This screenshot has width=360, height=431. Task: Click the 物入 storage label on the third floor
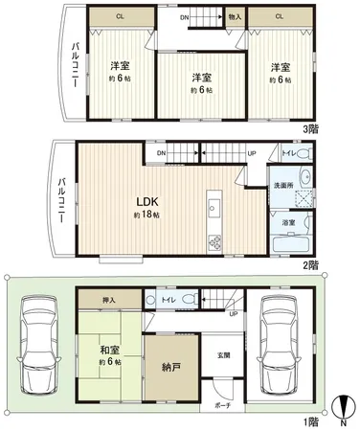(235, 16)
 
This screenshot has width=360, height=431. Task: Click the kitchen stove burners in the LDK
(214, 241)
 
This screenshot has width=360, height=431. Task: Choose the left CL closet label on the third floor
(120, 16)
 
